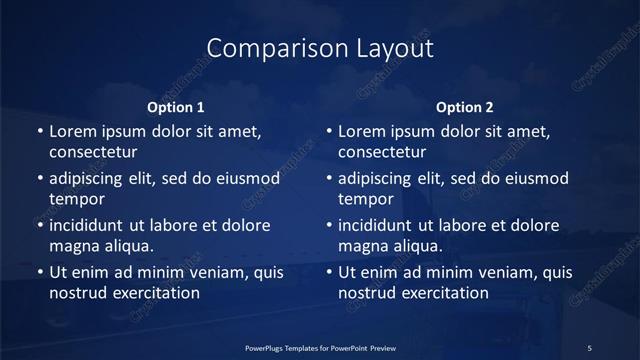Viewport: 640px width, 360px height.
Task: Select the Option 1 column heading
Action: point(176,106)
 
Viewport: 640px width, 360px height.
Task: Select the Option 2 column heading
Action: point(465,106)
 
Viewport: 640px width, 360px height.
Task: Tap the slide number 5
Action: point(590,347)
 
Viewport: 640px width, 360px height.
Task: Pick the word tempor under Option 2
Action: point(365,199)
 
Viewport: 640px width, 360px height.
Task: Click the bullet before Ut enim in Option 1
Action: point(39,272)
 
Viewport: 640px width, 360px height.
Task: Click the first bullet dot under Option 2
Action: point(328,131)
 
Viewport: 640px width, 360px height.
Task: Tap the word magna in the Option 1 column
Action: point(72,246)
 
